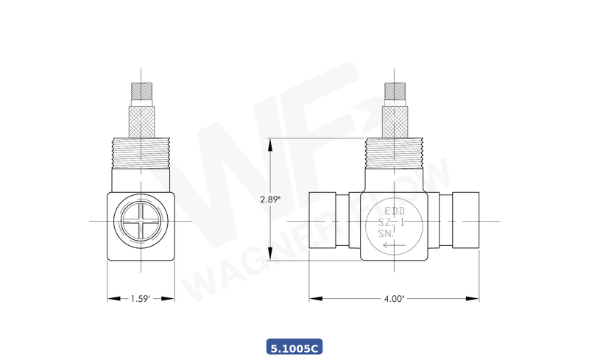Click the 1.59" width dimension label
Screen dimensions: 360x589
click(x=141, y=299)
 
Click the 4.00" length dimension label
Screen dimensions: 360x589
click(x=395, y=299)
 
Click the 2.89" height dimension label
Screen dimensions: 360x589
click(x=270, y=200)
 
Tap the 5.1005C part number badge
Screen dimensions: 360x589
click(x=294, y=346)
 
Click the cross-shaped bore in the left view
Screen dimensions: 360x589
click(x=141, y=221)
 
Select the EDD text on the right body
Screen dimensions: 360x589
click(x=394, y=209)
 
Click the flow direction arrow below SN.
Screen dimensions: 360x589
click(x=394, y=245)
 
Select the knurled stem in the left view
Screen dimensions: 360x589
click(x=141, y=118)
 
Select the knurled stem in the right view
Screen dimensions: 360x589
click(x=396, y=118)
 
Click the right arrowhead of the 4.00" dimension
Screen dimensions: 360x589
click(x=477, y=299)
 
